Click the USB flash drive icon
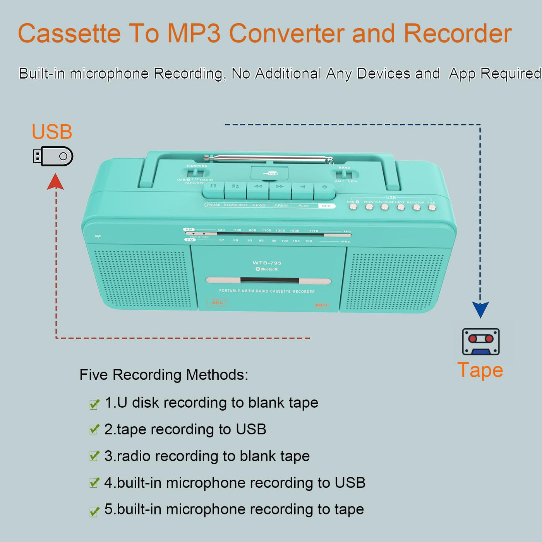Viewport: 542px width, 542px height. [x=53, y=156]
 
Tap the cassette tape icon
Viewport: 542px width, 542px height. [x=480, y=341]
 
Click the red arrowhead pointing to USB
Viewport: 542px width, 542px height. [x=55, y=182]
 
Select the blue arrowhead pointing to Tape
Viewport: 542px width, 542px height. [x=480, y=309]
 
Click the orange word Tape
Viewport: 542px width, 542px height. [x=480, y=370]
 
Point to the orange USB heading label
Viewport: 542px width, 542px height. [x=52, y=132]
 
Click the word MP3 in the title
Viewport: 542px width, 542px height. [x=194, y=33]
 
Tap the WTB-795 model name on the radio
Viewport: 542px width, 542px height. [x=267, y=263]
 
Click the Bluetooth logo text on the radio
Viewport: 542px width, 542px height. [x=267, y=269]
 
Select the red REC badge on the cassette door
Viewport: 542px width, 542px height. [x=218, y=303]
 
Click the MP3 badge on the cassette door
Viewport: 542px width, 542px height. [x=322, y=305]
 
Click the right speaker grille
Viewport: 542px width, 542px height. [x=394, y=281]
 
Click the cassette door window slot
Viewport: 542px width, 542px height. [x=269, y=280]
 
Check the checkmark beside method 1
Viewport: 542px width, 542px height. [x=94, y=404]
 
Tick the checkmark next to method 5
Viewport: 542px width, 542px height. [x=94, y=512]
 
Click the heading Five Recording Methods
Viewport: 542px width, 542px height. [x=164, y=375]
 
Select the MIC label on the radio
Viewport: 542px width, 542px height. [x=98, y=236]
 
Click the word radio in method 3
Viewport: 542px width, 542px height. [x=134, y=456]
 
